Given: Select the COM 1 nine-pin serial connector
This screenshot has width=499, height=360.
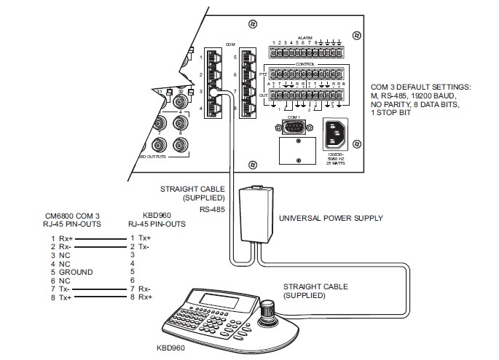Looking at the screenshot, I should click(294, 129).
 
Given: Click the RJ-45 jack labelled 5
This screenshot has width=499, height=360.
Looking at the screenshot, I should click(250, 57).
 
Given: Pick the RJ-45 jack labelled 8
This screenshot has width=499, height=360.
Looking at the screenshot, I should click(250, 109).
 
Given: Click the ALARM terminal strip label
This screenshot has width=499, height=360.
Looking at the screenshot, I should click(304, 37).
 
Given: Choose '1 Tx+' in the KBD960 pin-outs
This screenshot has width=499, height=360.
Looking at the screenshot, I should click(141, 238).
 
